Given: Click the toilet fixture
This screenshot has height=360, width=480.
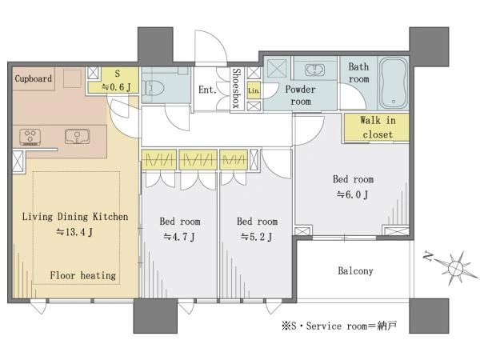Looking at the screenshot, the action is [x=153, y=89].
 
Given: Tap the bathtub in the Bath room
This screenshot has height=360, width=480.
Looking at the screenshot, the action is [x=394, y=83].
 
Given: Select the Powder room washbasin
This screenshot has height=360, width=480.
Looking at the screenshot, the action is [x=315, y=70].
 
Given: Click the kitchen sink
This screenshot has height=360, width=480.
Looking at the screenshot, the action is [x=77, y=136].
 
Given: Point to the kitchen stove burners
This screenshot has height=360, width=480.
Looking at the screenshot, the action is [x=30, y=137].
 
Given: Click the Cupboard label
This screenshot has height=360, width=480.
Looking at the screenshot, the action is [x=34, y=78].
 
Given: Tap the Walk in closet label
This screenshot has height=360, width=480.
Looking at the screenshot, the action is [x=378, y=127].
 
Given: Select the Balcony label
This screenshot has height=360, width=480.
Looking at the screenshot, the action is [x=355, y=271].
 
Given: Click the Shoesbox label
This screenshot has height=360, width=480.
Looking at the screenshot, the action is [x=237, y=88].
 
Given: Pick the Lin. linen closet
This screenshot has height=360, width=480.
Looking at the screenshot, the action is [x=254, y=90].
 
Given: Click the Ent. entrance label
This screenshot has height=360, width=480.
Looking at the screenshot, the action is [x=207, y=90].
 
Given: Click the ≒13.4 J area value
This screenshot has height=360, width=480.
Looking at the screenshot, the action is [x=74, y=232].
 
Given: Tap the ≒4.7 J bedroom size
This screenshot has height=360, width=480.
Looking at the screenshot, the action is [x=179, y=237].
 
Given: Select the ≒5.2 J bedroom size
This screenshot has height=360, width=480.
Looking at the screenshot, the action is [x=257, y=237].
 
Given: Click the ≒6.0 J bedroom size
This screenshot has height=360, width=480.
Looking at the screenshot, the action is [x=353, y=194].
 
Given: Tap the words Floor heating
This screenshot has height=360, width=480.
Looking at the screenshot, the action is [x=83, y=275].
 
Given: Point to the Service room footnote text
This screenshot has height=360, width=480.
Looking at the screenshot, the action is [x=339, y=326].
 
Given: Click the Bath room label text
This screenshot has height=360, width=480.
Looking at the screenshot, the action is [x=358, y=73].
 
